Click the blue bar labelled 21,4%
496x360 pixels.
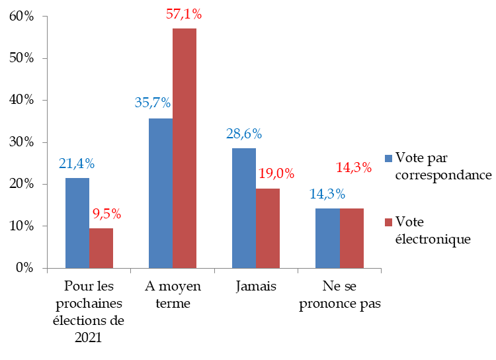pyautogui.click(x=77, y=223)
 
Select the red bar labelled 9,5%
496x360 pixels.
pyautogui.click(x=101, y=248)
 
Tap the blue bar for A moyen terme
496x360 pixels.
pyautogui.click(x=161, y=193)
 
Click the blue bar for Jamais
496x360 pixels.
pyautogui.click(x=244, y=208)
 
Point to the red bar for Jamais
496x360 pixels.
pyautogui.click(x=268, y=228)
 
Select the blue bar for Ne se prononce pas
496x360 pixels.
pyautogui.click(x=327, y=238)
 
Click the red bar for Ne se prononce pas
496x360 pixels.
pyautogui.click(x=351, y=238)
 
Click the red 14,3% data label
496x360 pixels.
pyautogui.click(x=352, y=167)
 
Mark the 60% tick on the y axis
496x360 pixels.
pyautogui.click(x=22, y=17)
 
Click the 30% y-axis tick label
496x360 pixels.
pyautogui.click(x=22, y=142)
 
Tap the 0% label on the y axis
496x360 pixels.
pyautogui.click(x=25, y=268)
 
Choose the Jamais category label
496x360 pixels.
pyautogui.click(x=256, y=287)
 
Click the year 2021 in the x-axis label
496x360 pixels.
pyautogui.click(x=89, y=337)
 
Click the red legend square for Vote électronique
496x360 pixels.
pyautogui.click(x=390, y=221)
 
